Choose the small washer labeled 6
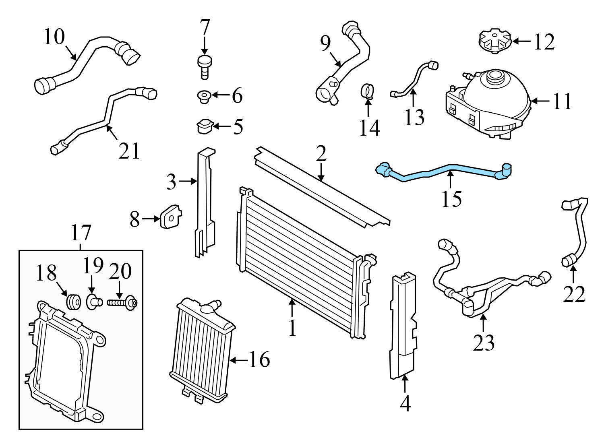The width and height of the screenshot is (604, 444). click(x=203, y=96)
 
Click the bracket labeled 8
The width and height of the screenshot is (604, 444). click(x=170, y=218)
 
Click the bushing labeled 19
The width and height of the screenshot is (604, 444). click(x=93, y=301)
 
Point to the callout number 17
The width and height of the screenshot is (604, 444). click(x=81, y=233)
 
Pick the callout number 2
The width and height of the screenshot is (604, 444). click(x=321, y=154)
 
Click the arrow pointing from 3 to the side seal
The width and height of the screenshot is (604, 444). click(x=187, y=182)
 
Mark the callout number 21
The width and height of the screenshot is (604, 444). click(x=129, y=151)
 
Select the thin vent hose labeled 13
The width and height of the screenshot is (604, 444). click(x=411, y=79)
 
